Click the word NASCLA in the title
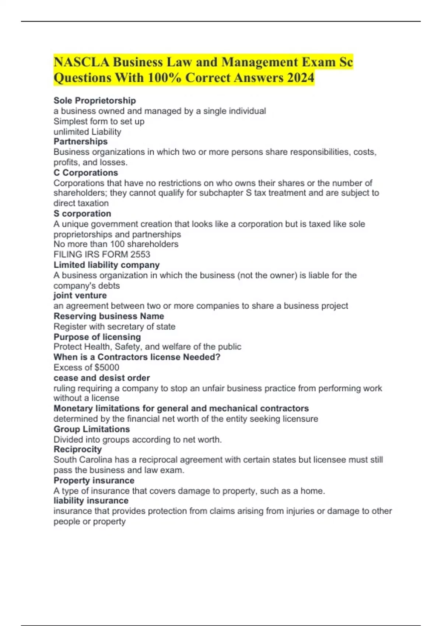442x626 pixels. (x=81, y=62)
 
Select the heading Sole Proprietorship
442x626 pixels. (x=95, y=101)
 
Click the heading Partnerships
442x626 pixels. (x=81, y=141)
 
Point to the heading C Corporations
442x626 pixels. (x=86, y=173)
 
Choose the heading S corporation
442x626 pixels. (x=82, y=214)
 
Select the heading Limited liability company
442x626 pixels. (x=106, y=265)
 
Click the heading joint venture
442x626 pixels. (x=80, y=295)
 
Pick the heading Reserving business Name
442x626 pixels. (x=109, y=316)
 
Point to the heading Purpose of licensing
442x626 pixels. (x=97, y=337)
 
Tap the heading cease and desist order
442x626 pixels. (x=102, y=378)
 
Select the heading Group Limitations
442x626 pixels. (x=92, y=429)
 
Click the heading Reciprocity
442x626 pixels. (x=77, y=449)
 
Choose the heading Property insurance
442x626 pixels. (x=94, y=481)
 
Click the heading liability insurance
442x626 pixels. (x=91, y=501)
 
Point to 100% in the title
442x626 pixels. (x=165, y=78)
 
